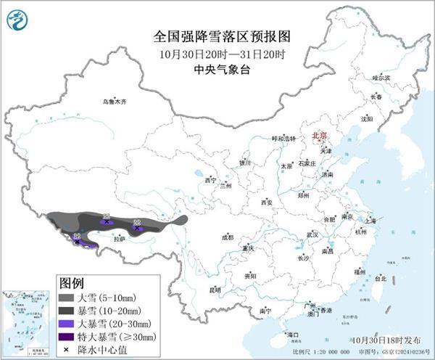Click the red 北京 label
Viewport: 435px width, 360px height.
[x=320, y=136]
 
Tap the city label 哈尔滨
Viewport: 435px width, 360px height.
[x=381, y=78]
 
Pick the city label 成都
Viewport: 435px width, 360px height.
[x=228, y=237]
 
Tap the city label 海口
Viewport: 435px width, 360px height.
[x=293, y=335]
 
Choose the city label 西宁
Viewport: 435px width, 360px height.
[x=211, y=179]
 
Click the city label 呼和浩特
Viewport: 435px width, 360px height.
[x=283, y=138]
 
